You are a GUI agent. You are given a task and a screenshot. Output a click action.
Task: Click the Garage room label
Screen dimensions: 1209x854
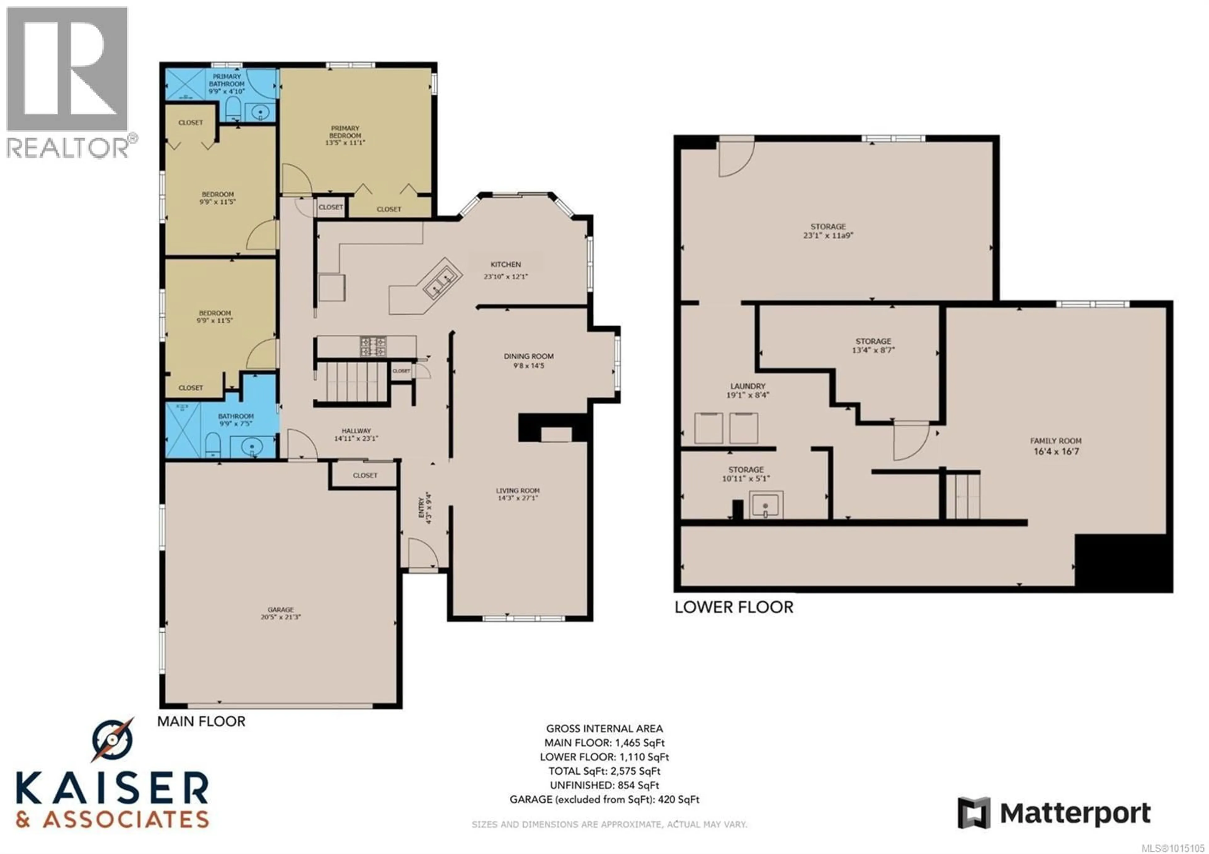[280, 610]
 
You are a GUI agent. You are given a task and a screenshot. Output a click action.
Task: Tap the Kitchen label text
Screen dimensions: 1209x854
[506, 264]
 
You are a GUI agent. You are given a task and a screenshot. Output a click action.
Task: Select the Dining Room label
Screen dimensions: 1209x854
[529, 356]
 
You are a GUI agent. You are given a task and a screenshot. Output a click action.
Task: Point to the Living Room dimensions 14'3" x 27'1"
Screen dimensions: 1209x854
[518, 498]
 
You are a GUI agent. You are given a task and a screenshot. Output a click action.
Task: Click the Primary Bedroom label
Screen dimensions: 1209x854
[345, 132]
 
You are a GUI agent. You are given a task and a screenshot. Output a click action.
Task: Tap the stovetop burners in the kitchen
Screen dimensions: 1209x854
[373, 346]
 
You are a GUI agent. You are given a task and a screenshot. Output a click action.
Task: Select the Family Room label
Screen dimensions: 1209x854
[1056, 441]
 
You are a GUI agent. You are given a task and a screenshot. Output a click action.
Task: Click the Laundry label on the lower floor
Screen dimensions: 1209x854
[748, 386]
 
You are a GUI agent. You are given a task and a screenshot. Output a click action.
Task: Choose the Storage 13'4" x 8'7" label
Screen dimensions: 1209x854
[874, 345]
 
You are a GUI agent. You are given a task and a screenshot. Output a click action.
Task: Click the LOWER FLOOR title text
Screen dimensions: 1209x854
[734, 607]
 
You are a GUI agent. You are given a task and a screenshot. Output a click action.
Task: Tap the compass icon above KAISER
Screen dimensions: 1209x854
[112, 741]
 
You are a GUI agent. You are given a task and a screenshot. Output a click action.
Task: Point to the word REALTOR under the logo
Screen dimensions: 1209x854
[67, 147]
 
